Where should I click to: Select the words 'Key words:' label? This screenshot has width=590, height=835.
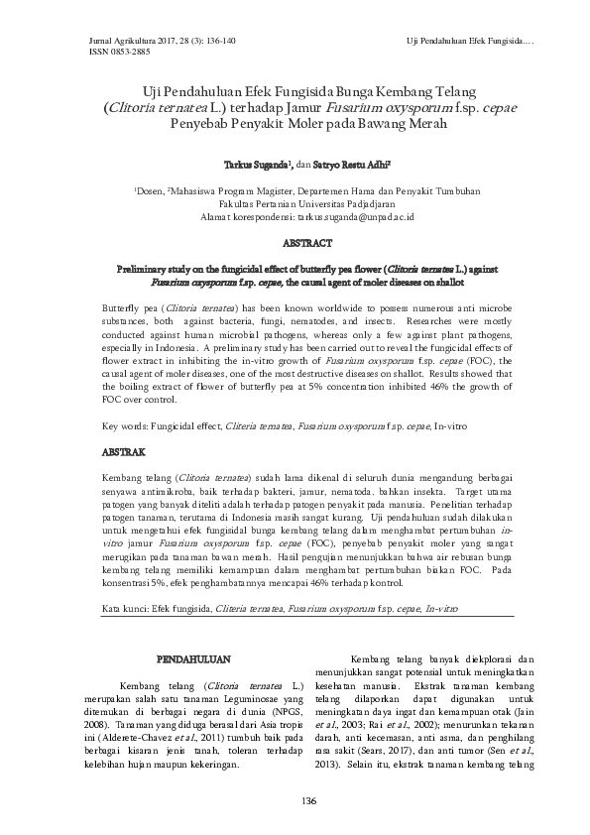pyautogui.click(x=126, y=425)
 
